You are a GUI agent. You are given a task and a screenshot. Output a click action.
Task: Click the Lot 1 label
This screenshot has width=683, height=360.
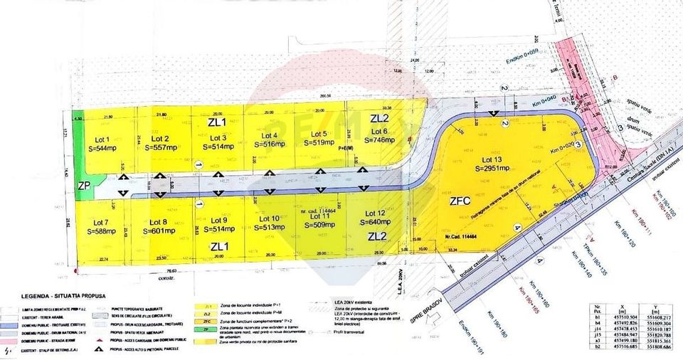(x=102, y=139)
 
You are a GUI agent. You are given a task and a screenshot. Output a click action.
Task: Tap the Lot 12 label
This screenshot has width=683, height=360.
(x=376, y=213)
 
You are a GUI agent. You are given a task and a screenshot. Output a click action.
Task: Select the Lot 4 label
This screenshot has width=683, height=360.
(x=270, y=135)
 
